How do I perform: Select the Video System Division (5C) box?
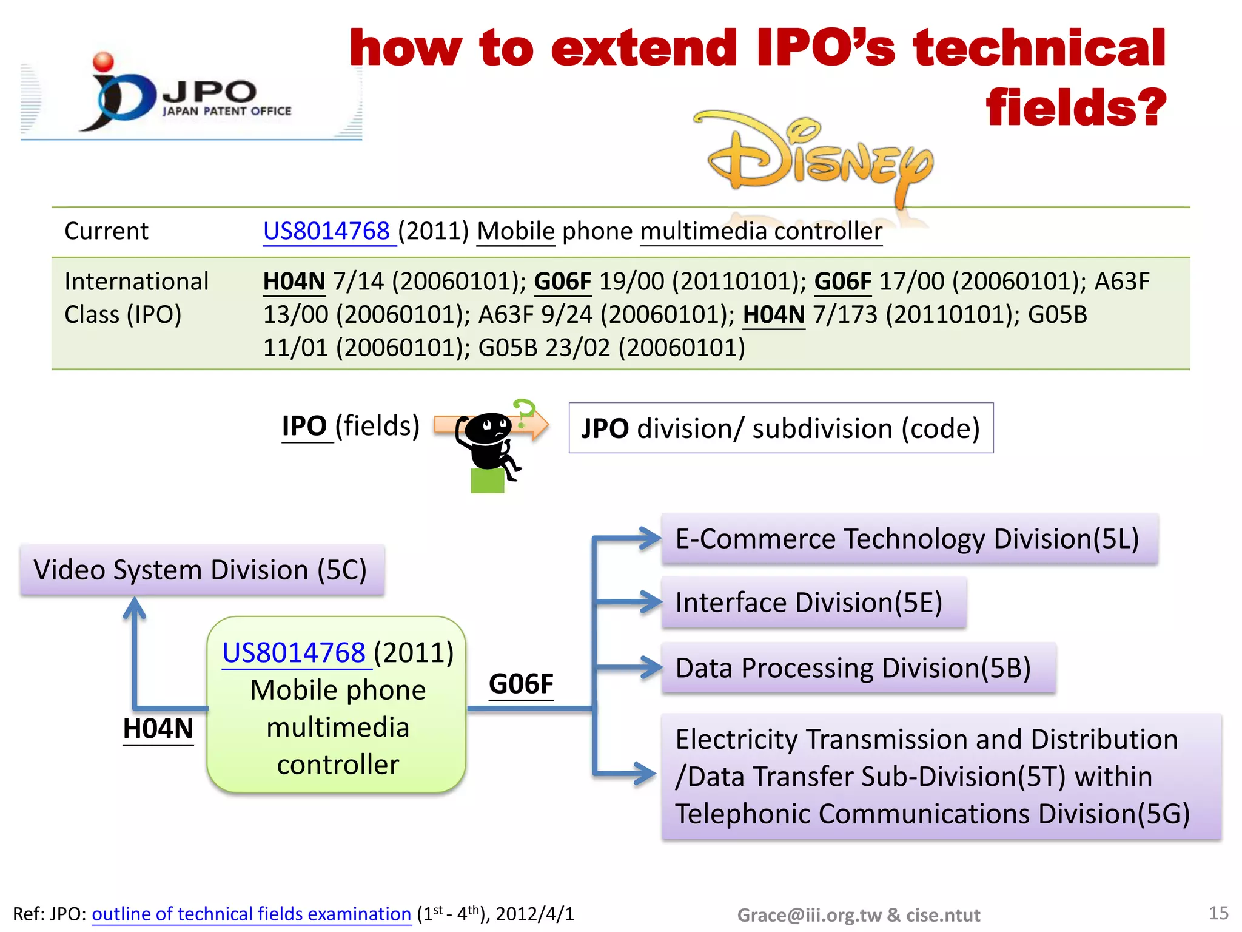click(x=201, y=570)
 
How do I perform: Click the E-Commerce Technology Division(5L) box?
click(x=908, y=539)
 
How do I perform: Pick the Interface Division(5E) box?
click(x=813, y=603)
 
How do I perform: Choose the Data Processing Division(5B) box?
click(x=858, y=668)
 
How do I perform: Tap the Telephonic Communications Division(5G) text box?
click(x=940, y=777)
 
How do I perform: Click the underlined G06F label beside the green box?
click(x=521, y=684)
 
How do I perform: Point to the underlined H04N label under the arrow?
click(x=158, y=729)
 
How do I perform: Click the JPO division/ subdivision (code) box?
click(x=780, y=428)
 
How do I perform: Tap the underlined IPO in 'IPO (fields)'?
click(x=305, y=426)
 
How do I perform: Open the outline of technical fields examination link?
click(x=251, y=914)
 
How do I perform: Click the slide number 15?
click(x=1218, y=913)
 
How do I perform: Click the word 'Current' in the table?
click(x=106, y=231)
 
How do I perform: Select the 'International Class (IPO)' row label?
click(x=136, y=298)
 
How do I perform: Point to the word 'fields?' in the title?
click(x=1075, y=107)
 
